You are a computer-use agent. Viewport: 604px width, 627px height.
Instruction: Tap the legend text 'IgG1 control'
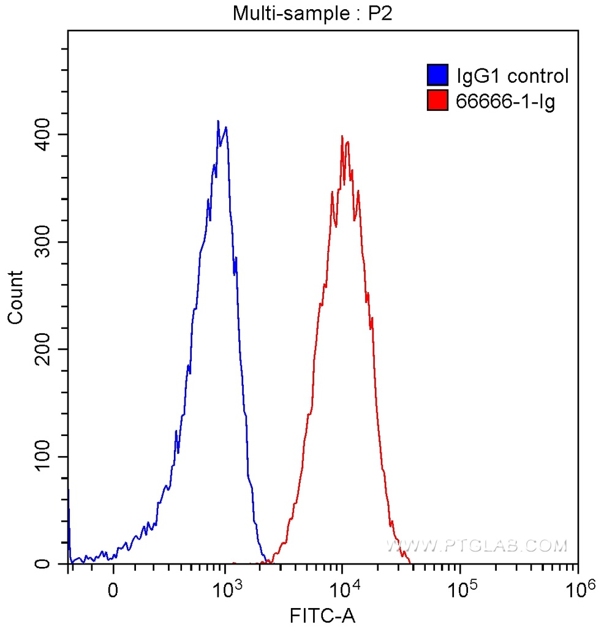coord(513,76)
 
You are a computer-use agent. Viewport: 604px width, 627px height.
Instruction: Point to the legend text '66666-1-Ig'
coord(505,101)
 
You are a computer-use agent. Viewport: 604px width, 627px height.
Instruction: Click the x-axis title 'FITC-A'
coord(322,614)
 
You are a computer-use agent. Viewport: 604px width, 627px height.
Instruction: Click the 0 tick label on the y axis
coord(53,564)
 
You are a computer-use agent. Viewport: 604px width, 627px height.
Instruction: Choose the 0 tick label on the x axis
coord(113,591)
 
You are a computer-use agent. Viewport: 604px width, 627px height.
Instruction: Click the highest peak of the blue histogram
coord(218,121)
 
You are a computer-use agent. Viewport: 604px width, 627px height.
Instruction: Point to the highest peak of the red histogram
coord(342,136)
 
